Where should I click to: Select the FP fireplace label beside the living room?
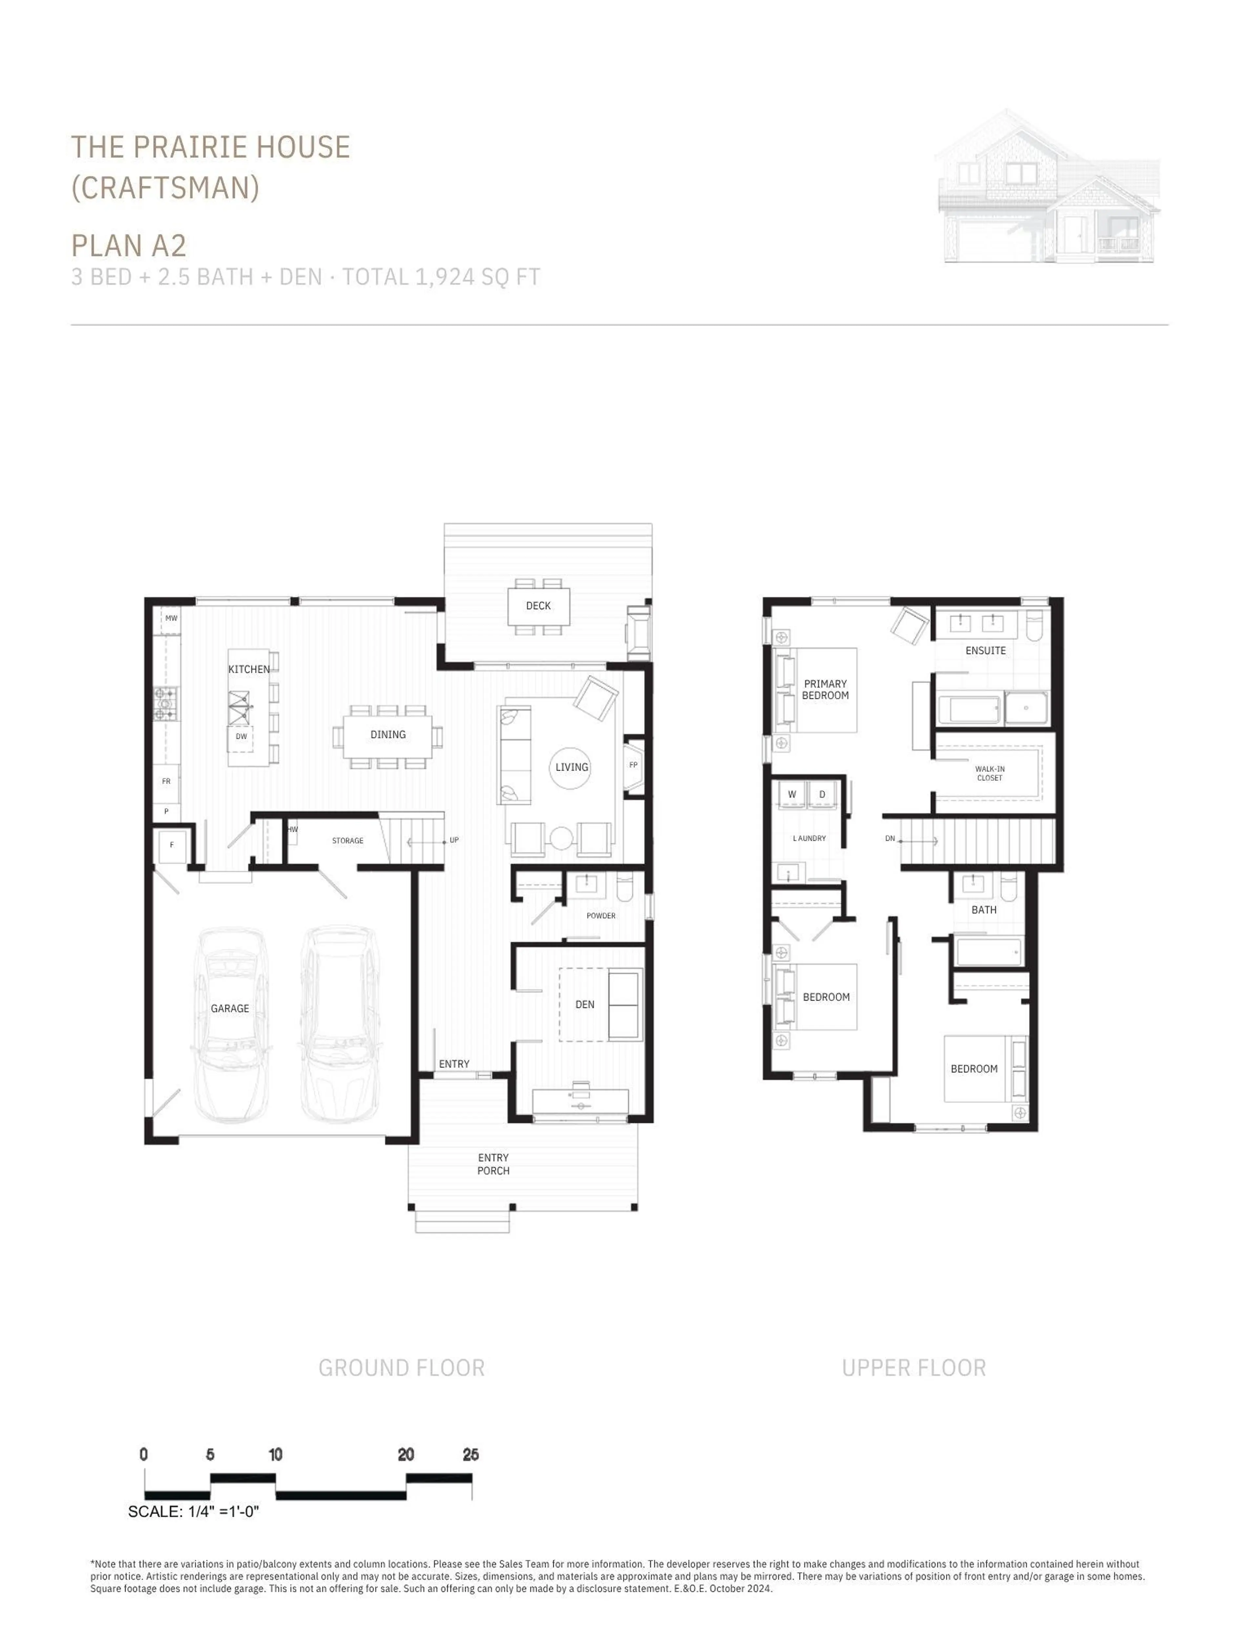(633, 765)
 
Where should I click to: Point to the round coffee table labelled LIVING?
(571, 767)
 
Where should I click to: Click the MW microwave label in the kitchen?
(171, 618)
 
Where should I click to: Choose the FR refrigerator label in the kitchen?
(166, 782)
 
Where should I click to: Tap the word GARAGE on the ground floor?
(230, 1008)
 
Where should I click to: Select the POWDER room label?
(601, 916)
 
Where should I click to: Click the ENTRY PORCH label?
(493, 1164)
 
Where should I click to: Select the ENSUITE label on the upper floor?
(985, 651)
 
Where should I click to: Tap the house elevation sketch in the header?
(1047, 187)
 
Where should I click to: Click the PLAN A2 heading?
(128, 245)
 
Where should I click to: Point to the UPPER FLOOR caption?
(913, 1368)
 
